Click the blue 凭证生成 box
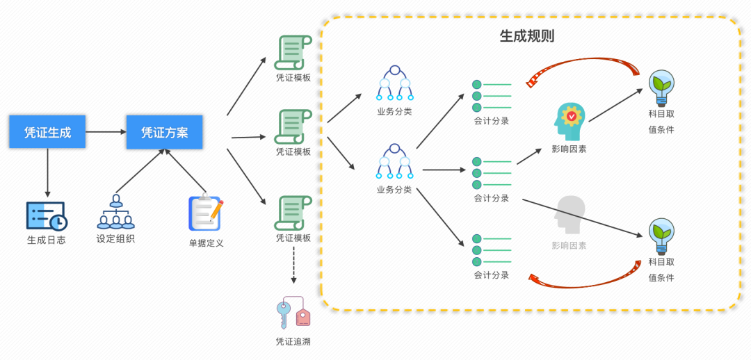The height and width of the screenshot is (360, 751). pos(47,131)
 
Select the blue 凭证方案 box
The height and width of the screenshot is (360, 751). pos(164,131)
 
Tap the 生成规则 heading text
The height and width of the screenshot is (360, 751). pos(527,36)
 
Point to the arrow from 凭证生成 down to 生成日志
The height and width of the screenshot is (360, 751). pos(47,172)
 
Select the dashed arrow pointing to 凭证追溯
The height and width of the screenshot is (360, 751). pos(293,265)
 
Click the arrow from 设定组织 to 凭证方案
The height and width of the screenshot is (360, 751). pos(140,170)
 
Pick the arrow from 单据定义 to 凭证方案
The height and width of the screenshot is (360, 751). pos(186,170)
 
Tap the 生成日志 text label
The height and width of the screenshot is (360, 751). pos(47,240)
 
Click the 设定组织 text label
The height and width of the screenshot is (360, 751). pos(116,238)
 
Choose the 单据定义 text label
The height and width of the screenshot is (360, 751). pos(206,243)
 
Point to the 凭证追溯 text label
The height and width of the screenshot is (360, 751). pos(293,341)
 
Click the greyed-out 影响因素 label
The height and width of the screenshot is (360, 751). pos(569,245)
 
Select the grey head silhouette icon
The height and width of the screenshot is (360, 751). pos(570,215)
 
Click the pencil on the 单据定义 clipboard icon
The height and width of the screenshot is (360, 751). pos(216,210)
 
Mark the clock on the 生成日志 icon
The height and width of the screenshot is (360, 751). pos(59,222)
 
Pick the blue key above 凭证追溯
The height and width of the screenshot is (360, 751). pos(284,314)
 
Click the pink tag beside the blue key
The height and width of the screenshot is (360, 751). pos(303,317)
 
